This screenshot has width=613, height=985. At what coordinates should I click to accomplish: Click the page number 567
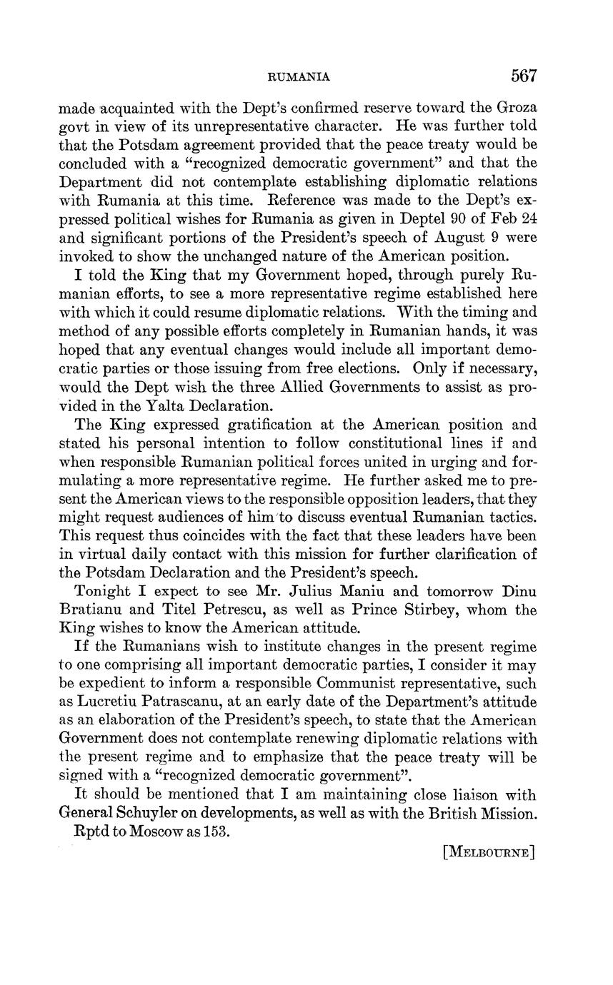pos(523,76)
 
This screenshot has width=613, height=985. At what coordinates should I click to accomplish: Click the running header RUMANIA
pos(299,77)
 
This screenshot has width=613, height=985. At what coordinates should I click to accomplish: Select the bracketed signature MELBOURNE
pos(489,852)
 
